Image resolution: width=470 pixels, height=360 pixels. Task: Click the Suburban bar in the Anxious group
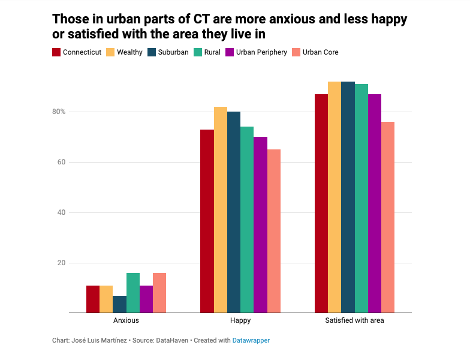click(119, 304)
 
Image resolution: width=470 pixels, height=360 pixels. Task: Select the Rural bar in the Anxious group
click(132, 293)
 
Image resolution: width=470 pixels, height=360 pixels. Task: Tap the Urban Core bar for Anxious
click(159, 293)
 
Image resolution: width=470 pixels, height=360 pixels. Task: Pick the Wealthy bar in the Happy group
click(221, 210)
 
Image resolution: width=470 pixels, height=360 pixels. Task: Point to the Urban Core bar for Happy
click(274, 231)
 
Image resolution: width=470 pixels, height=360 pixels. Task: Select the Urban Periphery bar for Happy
click(260, 225)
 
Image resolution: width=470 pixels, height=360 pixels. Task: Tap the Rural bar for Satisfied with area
click(361, 199)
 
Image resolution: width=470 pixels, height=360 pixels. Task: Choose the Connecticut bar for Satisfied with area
click(321, 203)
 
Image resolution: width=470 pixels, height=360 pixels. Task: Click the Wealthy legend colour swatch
click(111, 52)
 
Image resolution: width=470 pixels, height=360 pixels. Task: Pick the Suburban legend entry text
click(173, 52)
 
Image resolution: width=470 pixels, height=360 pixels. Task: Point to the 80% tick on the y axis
click(58, 112)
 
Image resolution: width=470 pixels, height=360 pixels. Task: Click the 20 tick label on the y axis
click(61, 263)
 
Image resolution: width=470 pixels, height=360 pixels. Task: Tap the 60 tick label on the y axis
click(61, 162)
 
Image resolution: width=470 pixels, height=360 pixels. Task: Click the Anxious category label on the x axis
click(126, 321)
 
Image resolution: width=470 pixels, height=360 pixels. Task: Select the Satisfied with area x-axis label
click(354, 321)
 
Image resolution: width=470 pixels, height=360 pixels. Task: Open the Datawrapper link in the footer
click(251, 340)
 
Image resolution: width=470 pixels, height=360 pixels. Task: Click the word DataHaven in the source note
click(173, 340)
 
